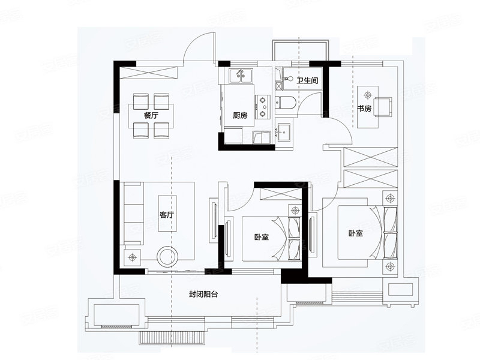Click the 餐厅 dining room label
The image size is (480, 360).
click(x=151, y=116)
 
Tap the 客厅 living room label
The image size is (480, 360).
click(x=167, y=215)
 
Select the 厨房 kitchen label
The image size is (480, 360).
click(x=240, y=115)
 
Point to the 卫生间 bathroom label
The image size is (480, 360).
click(x=308, y=80)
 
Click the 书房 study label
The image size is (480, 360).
click(x=365, y=109)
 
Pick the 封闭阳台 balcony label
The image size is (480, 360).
click(x=203, y=295)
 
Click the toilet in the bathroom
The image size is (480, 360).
click(x=285, y=103)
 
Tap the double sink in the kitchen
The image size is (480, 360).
click(x=241, y=76)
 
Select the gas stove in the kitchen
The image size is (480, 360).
click(x=263, y=107)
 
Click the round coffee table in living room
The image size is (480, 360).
click(x=168, y=257)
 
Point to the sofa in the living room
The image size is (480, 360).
click(x=134, y=214)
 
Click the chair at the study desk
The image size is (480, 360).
click(x=382, y=107)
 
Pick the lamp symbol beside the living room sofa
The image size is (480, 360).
click(x=132, y=258)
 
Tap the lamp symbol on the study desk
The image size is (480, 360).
click(x=368, y=94)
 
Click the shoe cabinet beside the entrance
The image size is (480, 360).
click(x=148, y=73)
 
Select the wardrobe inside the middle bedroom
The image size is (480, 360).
click(x=281, y=194)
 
